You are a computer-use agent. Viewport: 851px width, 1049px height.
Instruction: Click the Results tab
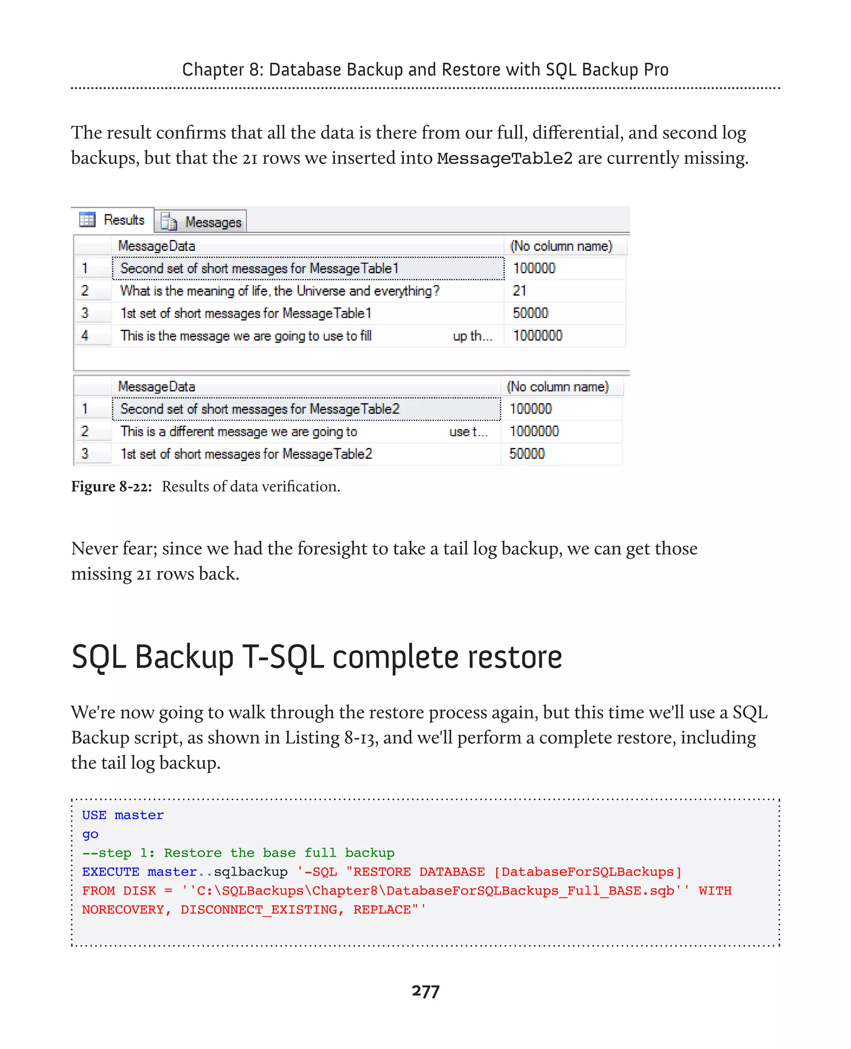[x=114, y=220]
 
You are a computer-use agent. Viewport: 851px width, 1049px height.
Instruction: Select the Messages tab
[x=202, y=222]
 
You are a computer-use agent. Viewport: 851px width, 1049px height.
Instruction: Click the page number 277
[x=425, y=991]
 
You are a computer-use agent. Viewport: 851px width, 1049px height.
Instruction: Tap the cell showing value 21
[x=520, y=291]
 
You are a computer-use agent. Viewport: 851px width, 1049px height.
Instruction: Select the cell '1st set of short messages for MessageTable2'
[x=246, y=454]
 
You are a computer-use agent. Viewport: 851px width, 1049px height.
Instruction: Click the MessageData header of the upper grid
[x=157, y=246]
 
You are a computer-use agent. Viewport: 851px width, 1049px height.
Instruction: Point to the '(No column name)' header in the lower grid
[x=557, y=387]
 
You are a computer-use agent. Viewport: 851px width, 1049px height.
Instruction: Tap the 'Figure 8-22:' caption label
[x=111, y=487]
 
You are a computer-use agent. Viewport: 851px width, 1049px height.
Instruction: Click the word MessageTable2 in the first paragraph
[x=504, y=158]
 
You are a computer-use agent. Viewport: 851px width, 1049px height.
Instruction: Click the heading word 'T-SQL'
[x=283, y=657]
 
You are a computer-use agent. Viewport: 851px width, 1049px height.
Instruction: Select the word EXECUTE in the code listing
[x=110, y=872]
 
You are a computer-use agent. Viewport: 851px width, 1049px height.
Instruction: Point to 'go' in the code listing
[x=90, y=834]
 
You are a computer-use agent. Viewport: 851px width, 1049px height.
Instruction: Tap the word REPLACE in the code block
[x=382, y=909]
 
